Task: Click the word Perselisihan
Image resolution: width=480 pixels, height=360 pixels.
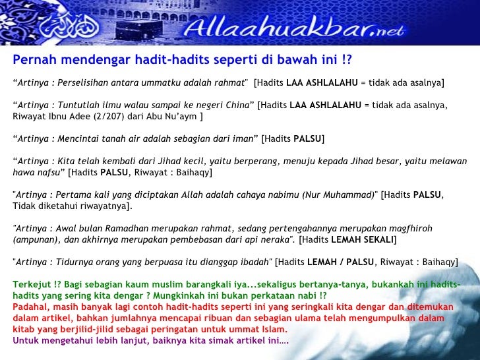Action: pyautogui.click(x=82, y=82)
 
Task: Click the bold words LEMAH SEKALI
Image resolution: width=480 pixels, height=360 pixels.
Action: pyautogui.click(x=362, y=240)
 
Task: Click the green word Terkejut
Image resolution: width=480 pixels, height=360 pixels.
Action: pyautogui.click(x=31, y=285)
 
